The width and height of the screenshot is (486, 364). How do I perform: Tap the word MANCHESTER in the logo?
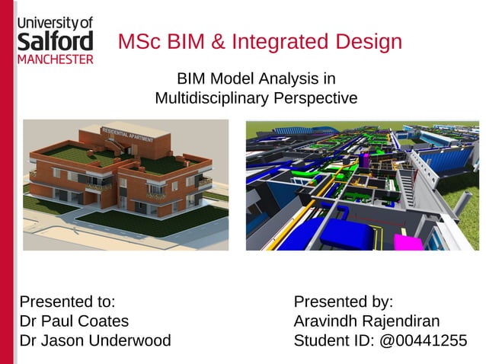(x=55, y=59)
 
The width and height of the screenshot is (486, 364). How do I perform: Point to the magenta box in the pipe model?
(x=408, y=243)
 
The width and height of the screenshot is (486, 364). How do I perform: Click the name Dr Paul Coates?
(x=74, y=321)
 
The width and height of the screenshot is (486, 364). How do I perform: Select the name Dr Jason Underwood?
(x=95, y=340)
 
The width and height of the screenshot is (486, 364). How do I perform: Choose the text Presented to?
(x=67, y=302)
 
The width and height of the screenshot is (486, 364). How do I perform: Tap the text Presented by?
(x=343, y=302)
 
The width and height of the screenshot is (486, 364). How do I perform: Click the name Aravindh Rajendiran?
(x=366, y=321)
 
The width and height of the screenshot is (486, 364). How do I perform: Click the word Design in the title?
(x=370, y=41)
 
